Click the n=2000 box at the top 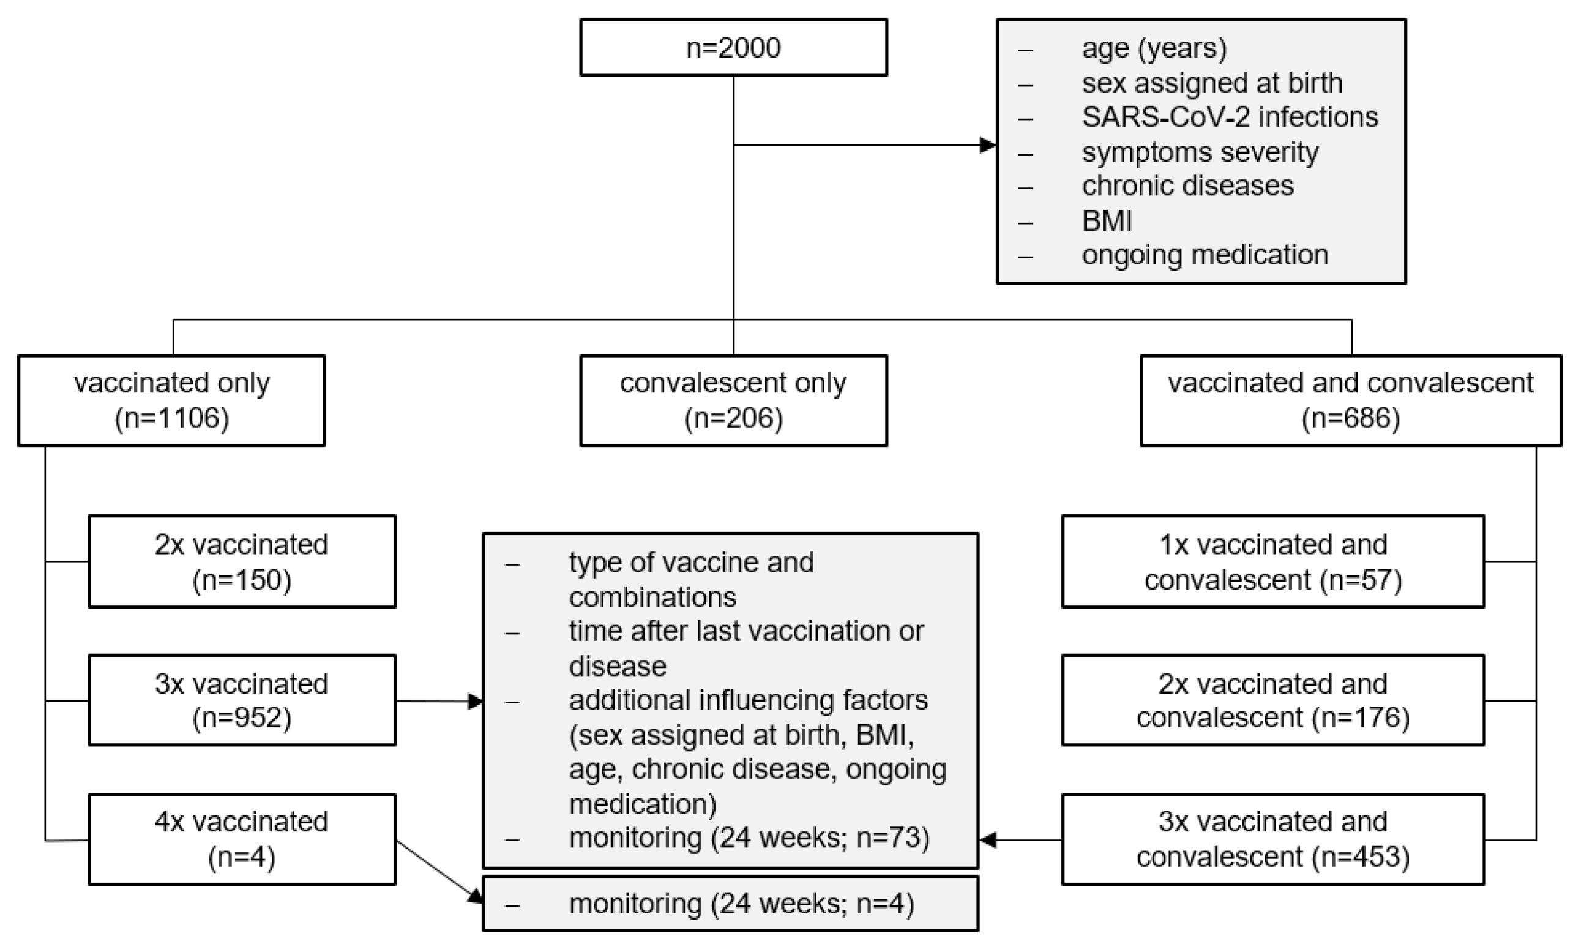(x=733, y=48)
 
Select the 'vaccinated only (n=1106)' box (x=171, y=400)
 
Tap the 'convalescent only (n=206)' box (x=733, y=400)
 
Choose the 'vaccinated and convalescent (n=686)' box (x=1350, y=400)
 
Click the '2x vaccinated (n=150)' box (x=241, y=562)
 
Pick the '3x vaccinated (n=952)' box (x=241, y=700)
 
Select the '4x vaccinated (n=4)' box (x=241, y=839)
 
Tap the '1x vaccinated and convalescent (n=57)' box (x=1273, y=562)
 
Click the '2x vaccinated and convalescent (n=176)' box (x=1273, y=700)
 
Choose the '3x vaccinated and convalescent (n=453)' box (x=1273, y=839)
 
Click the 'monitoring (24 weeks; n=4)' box (x=730, y=904)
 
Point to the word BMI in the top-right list (x=1107, y=221)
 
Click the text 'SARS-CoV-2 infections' (x=1230, y=117)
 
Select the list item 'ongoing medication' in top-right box (x=1205, y=255)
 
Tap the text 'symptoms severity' (x=1200, y=152)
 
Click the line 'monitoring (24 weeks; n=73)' (x=749, y=838)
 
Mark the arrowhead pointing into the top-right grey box (x=988, y=145)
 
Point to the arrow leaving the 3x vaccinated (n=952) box (x=439, y=701)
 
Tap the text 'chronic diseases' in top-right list (x=1187, y=186)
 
